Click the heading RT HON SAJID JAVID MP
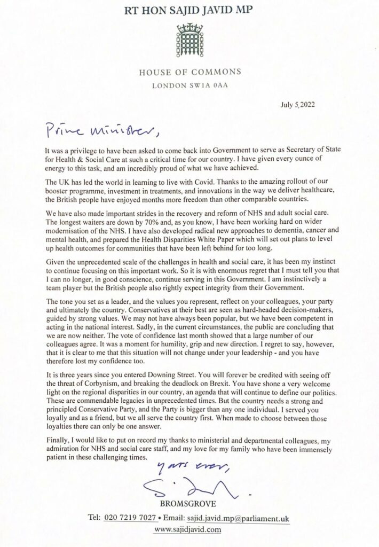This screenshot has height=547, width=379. [x=189, y=9]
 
